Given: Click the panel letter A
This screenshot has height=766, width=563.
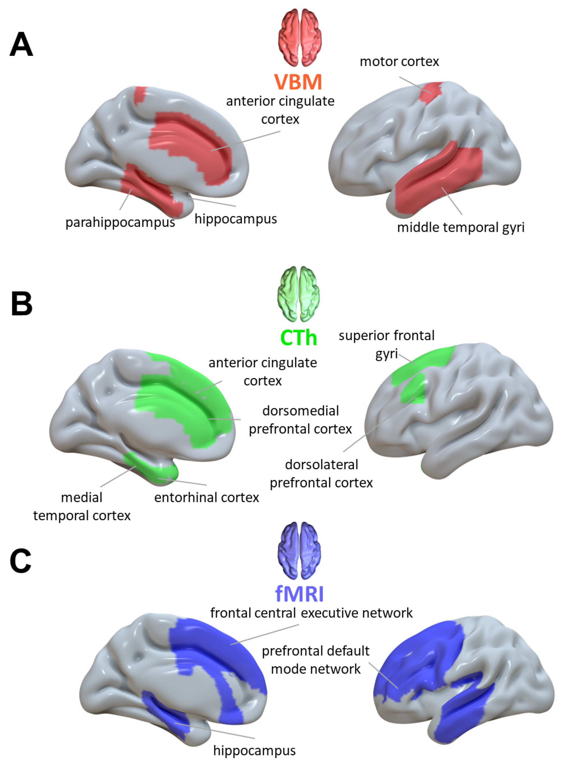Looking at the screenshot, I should (x=21, y=44).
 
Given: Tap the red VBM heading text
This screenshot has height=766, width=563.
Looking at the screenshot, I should (x=298, y=82).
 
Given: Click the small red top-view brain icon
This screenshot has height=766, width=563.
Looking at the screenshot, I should (x=300, y=37).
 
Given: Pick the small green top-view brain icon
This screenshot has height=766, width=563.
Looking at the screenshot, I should (x=299, y=294).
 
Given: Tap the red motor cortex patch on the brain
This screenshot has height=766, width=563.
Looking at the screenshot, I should (x=430, y=91).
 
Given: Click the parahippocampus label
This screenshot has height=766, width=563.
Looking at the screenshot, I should (x=120, y=223).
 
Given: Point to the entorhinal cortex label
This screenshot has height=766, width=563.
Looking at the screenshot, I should (x=206, y=497).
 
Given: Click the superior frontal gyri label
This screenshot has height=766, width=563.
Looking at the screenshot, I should (x=386, y=344).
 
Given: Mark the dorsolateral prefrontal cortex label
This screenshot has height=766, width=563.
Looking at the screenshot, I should (x=321, y=474).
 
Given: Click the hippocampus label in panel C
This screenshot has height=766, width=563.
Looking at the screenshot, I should (x=254, y=750).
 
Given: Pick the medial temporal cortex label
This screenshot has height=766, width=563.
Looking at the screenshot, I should (x=82, y=506).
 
